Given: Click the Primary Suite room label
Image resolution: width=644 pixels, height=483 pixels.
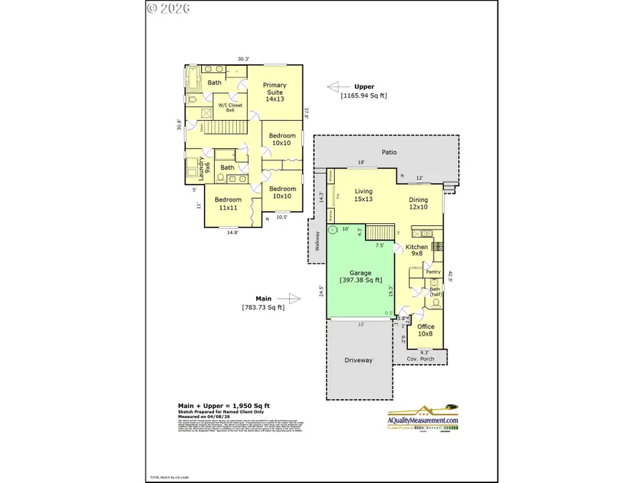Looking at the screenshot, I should [275, 92].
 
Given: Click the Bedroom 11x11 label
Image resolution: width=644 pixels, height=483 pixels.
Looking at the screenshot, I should [229, 203].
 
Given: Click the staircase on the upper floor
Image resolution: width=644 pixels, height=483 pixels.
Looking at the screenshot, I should [228, 128].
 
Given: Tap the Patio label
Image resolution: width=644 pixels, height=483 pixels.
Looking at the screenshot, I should [389, 152].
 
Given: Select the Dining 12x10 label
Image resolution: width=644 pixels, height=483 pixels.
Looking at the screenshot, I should [418, 204].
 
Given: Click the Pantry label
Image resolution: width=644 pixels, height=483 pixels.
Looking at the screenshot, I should [432, 271].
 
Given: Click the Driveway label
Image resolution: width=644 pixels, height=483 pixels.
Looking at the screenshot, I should [358, 360].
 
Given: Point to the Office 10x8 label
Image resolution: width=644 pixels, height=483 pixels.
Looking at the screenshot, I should [426, 330].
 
